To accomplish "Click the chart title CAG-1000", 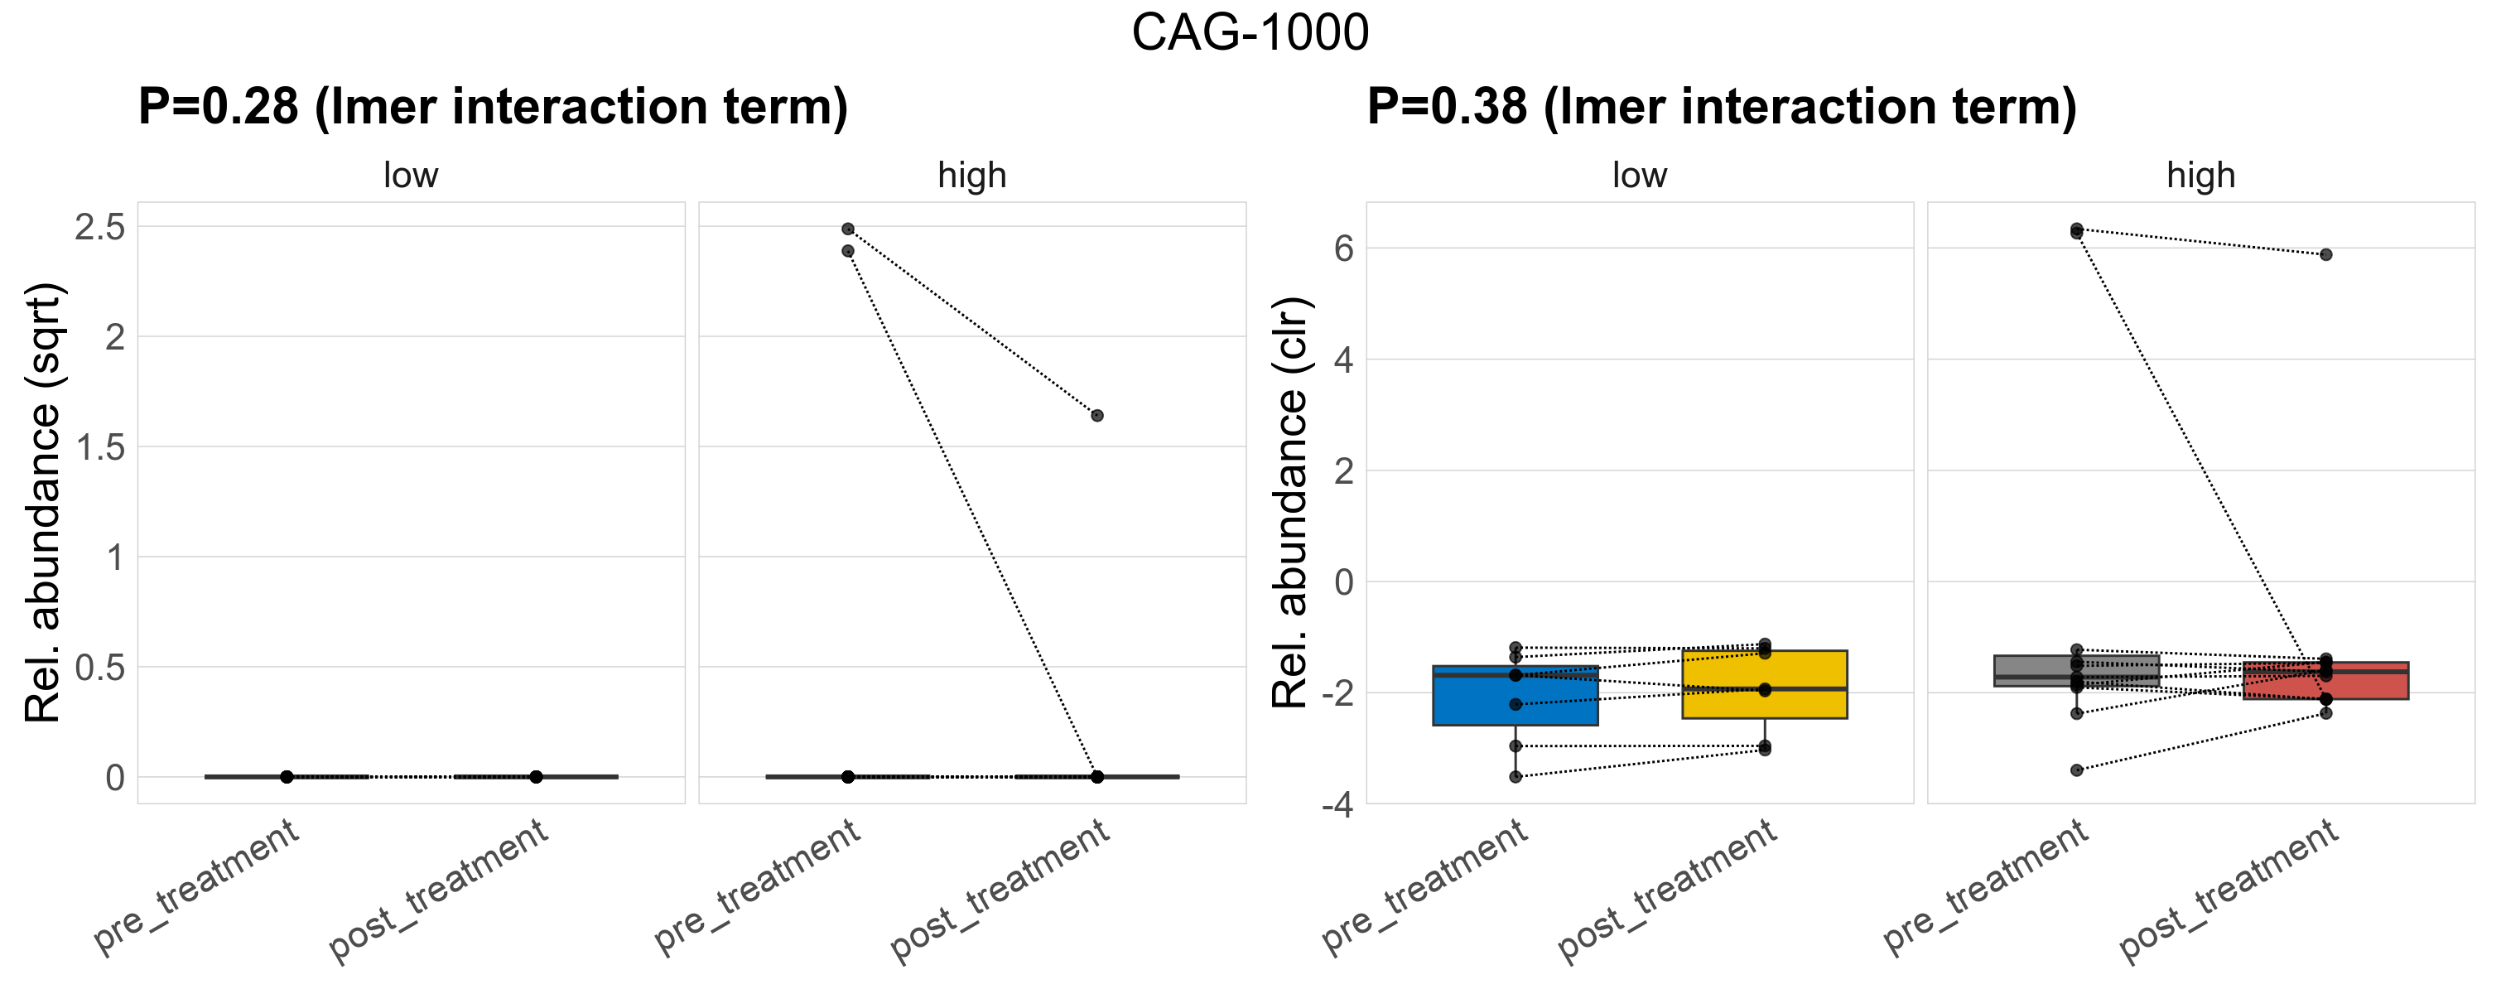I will (x=1250, y=33).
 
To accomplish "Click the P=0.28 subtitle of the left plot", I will (x=492, y=107).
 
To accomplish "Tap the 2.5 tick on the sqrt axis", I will (x=100, y=227).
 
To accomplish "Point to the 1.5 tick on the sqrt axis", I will (x=100, y=447).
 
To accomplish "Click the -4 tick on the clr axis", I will (x=1337, y=804).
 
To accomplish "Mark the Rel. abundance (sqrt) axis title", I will (x=44, y=502).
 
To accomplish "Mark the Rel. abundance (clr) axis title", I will (x=1290, y=502).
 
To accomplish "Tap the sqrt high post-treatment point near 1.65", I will (x=1096, y=416).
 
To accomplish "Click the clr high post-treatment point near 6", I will (x=2325, y=254).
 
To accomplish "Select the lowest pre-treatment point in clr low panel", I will (x=1516, y=777).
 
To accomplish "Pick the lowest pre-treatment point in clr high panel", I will (x=2077, y=770).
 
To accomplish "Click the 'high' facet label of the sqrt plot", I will (x=972, y=176).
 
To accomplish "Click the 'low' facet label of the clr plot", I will (x=1639, y=176).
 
